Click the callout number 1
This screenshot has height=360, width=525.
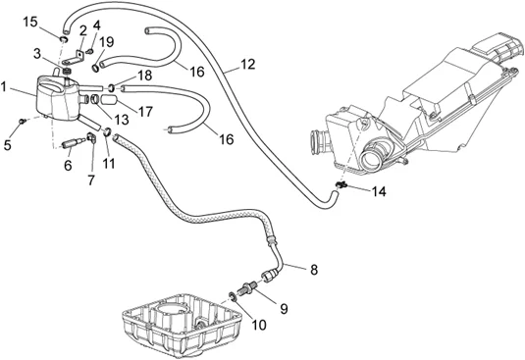(4, 87)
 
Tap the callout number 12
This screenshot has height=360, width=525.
(247, 65)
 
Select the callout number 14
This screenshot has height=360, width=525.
(379, 191)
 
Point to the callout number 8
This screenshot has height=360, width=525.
(314, 270)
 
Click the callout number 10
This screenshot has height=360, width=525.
(259, 325)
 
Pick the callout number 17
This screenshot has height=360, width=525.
(145, 112)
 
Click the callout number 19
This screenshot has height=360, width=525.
(107, 42)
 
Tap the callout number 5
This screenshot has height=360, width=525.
(8, 145)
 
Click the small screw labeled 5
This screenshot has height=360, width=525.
(23, 121)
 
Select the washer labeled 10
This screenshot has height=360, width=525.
(232, 296)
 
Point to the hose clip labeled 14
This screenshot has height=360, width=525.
(341, 184)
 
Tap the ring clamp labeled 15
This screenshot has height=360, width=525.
(64, 40)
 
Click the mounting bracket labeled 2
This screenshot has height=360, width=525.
(75, 58)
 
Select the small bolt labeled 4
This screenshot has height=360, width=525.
(89, 52)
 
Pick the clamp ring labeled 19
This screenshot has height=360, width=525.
(96, 68)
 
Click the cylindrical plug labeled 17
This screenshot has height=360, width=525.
(108, 100)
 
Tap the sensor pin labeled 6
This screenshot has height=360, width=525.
(73, 143)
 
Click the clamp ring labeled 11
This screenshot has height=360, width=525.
(107, 131)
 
